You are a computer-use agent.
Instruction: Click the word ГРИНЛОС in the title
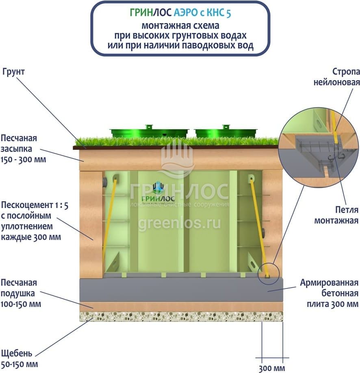pyautogui.click(x=151, y=13)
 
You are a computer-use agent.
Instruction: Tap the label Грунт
pyautogui.click(x=13, y=72)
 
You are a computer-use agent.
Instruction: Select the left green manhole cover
pyautogui.click(x=149, y=132)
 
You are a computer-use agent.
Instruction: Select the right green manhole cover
pyautogui.click(x=226, y=132)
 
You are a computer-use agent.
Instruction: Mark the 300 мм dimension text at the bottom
pyautogui.click(x=272, y=368)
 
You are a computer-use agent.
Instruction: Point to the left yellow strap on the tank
pyautogui.click(x=109, y=219)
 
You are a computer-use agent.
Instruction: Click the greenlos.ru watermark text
pyautogui.click(x=179, y=223)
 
